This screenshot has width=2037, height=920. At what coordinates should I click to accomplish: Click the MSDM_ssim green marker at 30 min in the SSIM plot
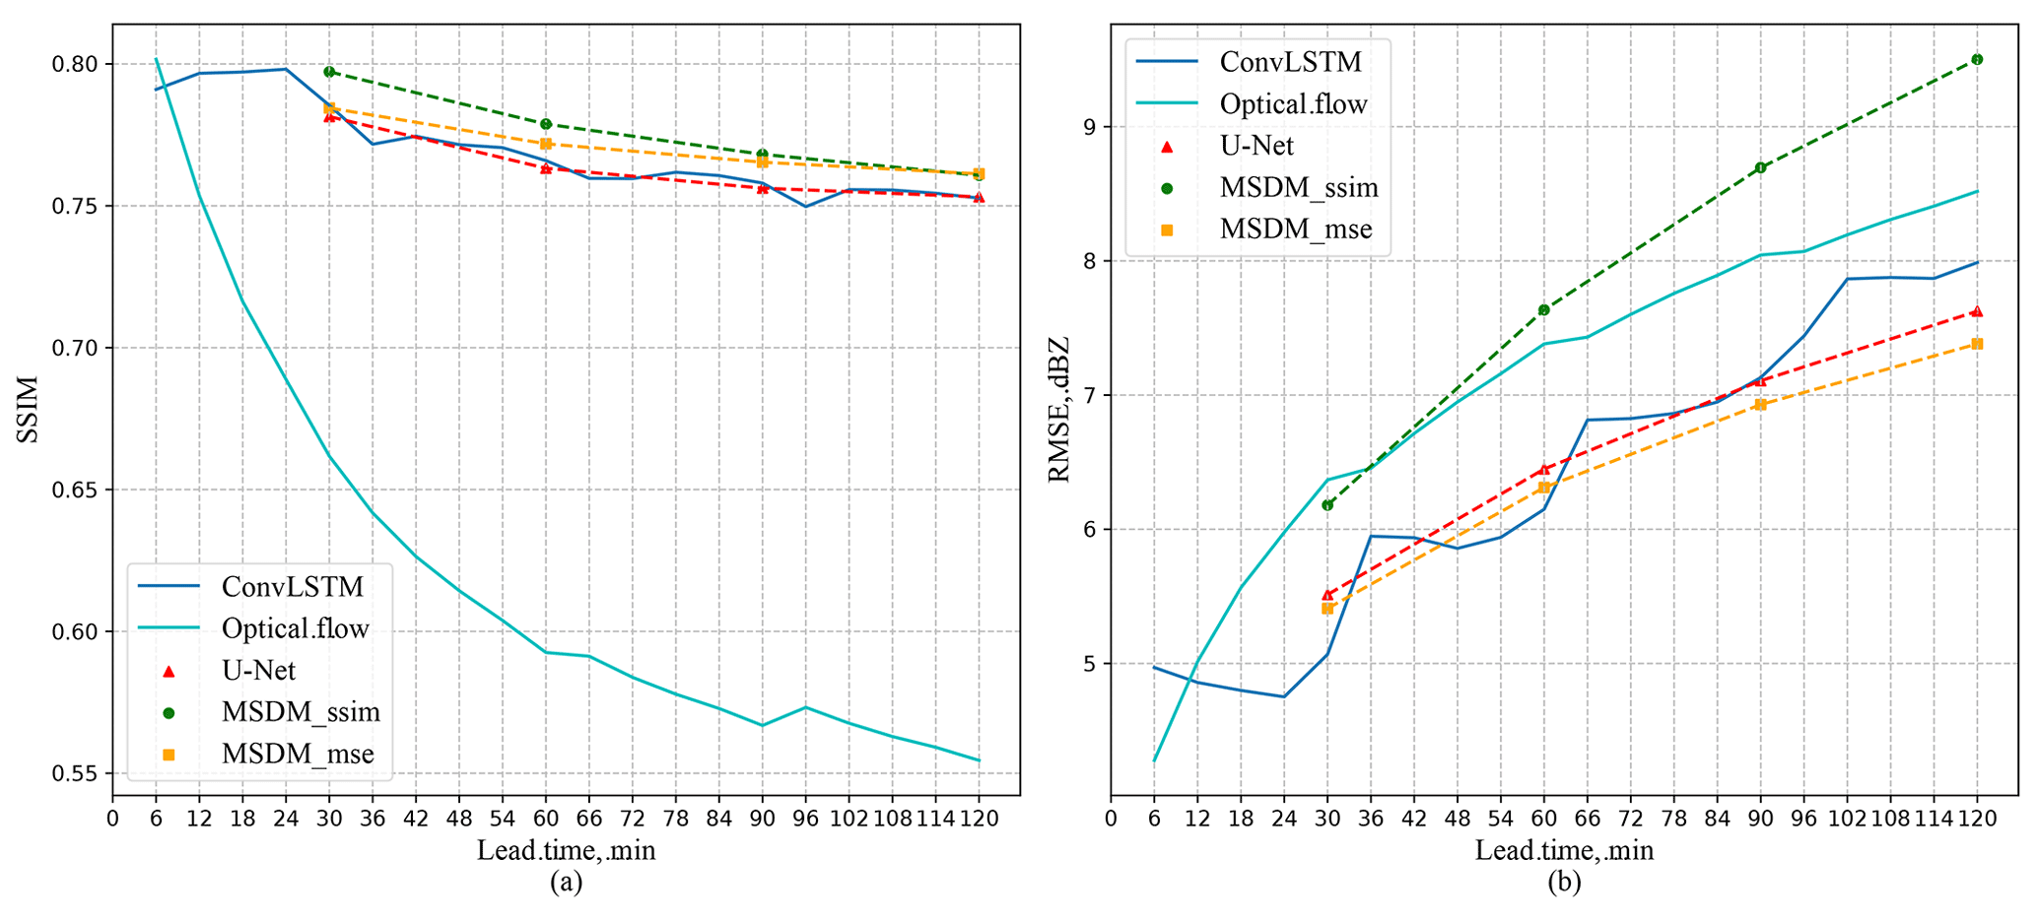coord(329,72)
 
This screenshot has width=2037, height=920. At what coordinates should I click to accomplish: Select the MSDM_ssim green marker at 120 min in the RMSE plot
coord(1977,59)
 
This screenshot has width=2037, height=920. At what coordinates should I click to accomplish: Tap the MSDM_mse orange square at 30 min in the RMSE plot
coord(1327,608)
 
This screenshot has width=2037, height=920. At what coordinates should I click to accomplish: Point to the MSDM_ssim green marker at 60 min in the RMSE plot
coord(1544,309)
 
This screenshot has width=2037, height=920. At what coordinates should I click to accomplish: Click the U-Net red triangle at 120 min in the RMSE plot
coord(1977,311)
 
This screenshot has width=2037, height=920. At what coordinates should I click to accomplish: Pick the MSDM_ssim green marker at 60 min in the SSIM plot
coord(546,124)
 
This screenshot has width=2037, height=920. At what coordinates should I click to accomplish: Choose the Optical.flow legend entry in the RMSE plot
coord(1293,104)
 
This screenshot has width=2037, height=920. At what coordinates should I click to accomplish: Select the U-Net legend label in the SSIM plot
coord(258,671)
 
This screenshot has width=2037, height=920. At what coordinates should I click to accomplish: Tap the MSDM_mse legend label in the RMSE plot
coord(1296,230)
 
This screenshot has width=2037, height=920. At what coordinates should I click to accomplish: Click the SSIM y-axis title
coord(29,410)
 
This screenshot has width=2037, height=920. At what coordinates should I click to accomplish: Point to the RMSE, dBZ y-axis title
coord(1059,410)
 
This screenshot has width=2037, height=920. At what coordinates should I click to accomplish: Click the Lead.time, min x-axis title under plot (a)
coord(566,850)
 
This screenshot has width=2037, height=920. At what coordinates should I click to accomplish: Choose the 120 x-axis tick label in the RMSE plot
coord(1977,819)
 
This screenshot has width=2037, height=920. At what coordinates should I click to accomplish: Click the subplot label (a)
coord(566,883)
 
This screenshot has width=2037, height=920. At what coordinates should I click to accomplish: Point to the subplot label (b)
coord(1564,883)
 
